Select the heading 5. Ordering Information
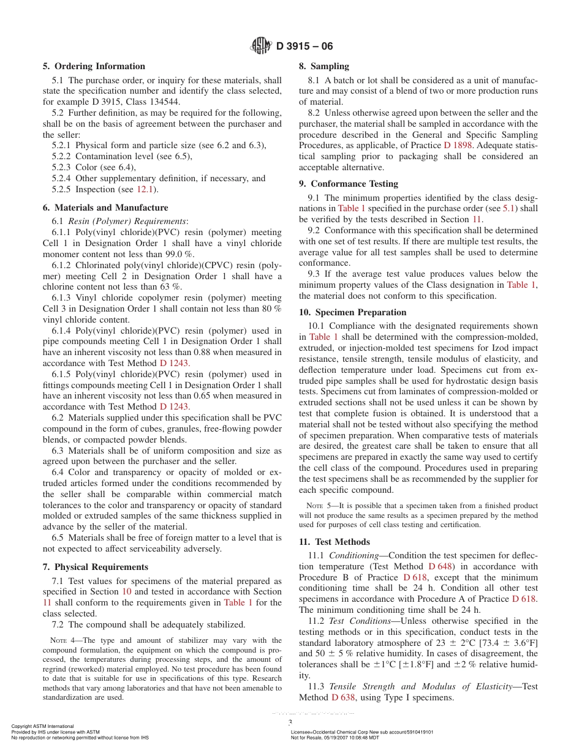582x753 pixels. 94,66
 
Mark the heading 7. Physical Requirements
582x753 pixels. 95,567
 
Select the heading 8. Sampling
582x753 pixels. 323,66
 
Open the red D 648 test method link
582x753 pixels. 440,567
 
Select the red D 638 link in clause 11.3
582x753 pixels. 343,698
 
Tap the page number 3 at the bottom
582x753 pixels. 290,722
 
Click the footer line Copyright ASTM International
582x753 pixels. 42,727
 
